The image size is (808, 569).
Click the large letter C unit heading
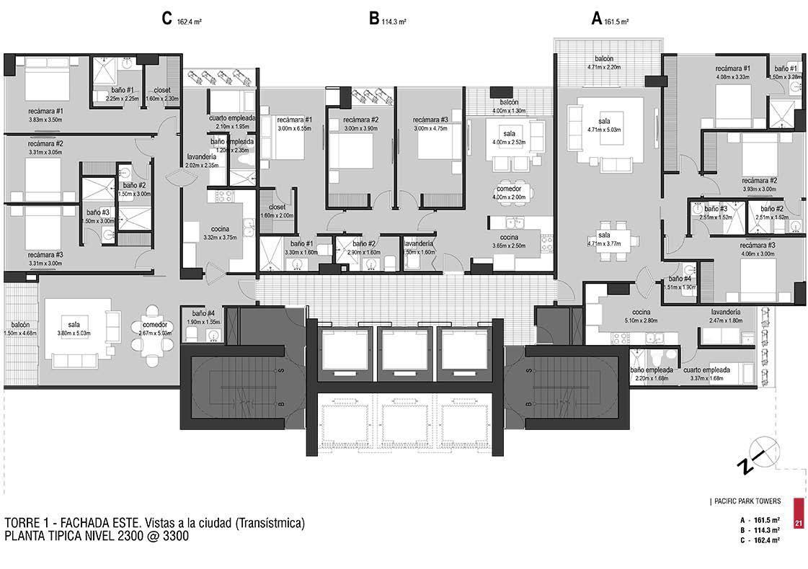coord(167,19)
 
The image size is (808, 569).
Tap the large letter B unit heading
coord(373,19)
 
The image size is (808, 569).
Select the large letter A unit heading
coord(596,19)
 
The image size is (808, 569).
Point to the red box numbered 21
coord(798,513)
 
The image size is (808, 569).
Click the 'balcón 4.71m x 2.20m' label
coord(604,62)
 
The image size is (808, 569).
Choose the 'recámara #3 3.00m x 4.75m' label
coord(431,124)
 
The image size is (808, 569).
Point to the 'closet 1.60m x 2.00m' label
coord(278,211)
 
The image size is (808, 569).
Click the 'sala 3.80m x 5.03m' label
coord(74,329)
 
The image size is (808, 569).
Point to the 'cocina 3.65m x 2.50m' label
coord(509,241)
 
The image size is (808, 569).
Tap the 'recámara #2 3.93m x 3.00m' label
coord(759,185)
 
